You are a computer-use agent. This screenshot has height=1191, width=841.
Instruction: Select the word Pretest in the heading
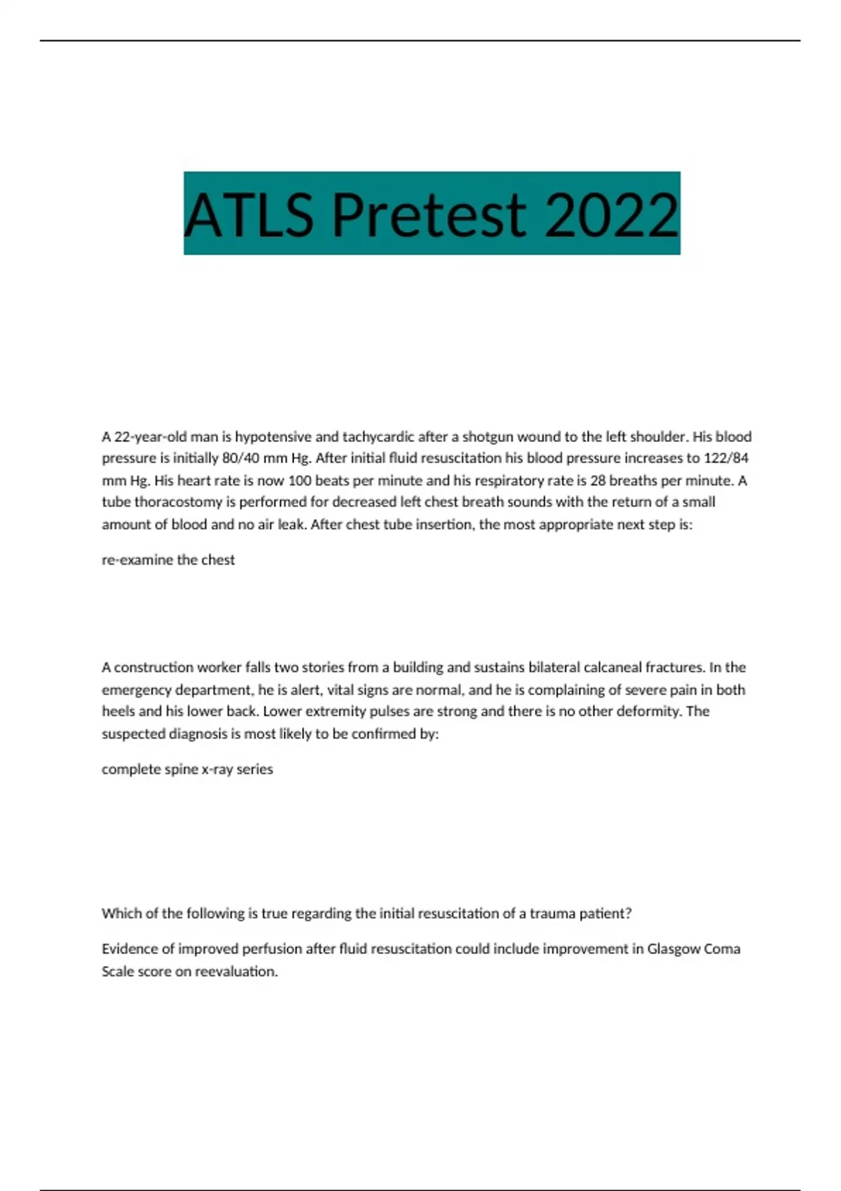[x=429, y=214]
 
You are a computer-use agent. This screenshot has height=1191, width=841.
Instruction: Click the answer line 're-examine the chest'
[x=168, y=560]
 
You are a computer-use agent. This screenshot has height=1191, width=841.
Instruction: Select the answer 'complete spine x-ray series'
[x=187, y=769]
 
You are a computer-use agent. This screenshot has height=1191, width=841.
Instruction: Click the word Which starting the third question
[x=121, y=914]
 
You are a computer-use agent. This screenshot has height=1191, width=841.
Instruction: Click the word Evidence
[x=130, y=949]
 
